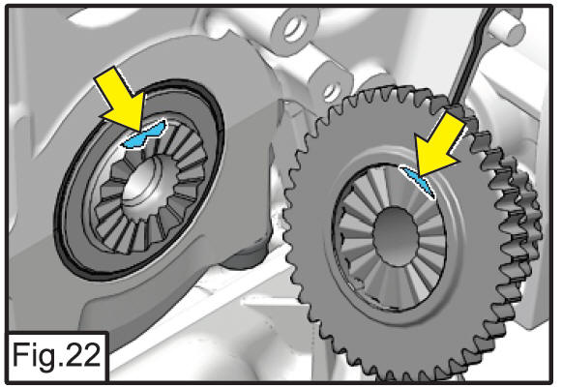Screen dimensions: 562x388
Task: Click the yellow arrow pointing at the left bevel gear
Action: (122, 99)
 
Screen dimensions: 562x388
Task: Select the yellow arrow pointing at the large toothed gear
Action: (438, 146)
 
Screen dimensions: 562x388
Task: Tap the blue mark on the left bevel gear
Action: (144, 134)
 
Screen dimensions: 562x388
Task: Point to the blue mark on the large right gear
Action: (419, 181)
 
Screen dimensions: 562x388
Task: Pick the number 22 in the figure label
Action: (78, 355)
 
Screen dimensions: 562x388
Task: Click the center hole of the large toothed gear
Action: (396, 237)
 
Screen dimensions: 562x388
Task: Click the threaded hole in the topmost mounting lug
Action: (296, 28)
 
